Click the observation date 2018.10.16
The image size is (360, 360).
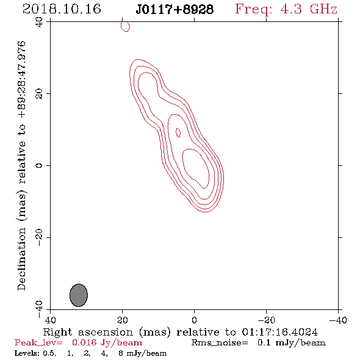pyautogui.click(x=62, y=9)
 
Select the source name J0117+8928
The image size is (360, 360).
pyautogui.click(x=175, y=10)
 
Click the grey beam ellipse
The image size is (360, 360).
pyautogui.click(x=79, y=295)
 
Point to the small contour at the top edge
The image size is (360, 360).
pyautogui.click(x=125, y=27)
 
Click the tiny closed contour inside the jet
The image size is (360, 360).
pyautogui.click(x=178, y=132)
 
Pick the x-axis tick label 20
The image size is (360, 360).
pyautogui.click(x=123, y=320)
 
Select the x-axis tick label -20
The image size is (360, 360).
pyautogui.click(x=266, y=320)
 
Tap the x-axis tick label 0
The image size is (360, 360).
pyautogui.click(x=194, y=320)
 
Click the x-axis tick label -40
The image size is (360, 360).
pyautogui.click(x=338, y=320)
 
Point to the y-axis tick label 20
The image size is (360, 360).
pyautogui.click(x=39, y=94)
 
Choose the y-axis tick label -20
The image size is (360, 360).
pyautogui.click(x=39, y=237)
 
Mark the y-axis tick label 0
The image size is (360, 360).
pyautogui.click(x=39, y=165)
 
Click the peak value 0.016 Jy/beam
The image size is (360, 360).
pyautogui.click(x=107, y=343)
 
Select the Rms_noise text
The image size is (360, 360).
pyautogui.click(x=220, y=343)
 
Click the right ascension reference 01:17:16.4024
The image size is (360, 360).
pyautogui.click(x=280, y=332)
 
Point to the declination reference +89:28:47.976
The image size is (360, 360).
pyautogui.click(x=21, y=79)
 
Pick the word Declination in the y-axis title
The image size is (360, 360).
pyautogui.click(x=21, y=259)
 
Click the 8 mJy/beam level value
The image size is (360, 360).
pyautogui.click(x=142, y=353)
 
